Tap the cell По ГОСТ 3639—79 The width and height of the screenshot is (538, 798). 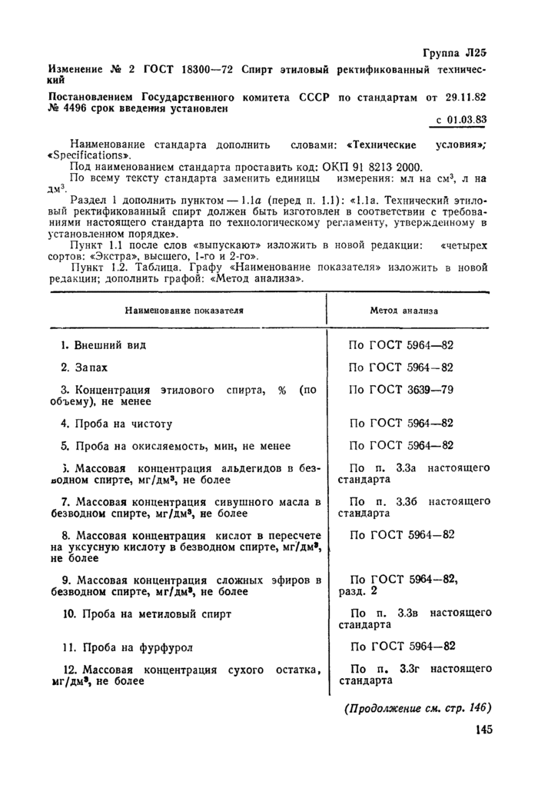point(400,389)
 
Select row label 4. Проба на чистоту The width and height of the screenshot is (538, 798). point(116,423)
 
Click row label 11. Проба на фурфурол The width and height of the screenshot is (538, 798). point(127,647)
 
